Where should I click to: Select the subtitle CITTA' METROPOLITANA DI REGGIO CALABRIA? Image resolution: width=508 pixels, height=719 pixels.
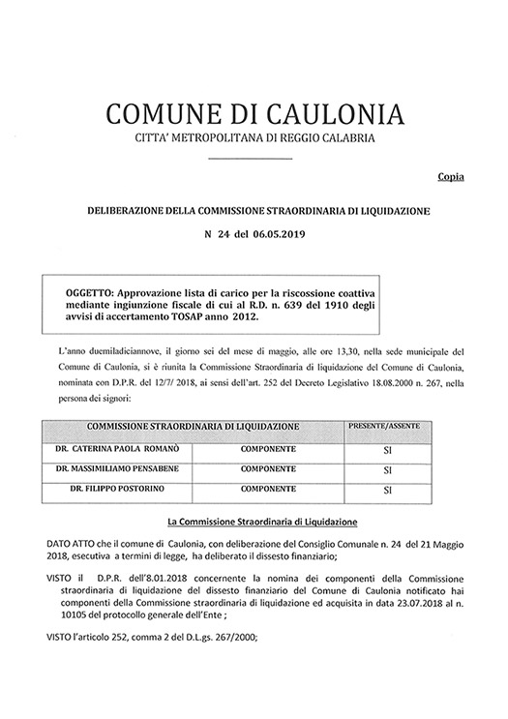click(x=254, y=141)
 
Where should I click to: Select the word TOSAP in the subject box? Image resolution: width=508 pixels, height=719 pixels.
click(x=198, y=316)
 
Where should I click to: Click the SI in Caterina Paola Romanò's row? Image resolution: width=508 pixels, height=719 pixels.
click(x=386, y=451)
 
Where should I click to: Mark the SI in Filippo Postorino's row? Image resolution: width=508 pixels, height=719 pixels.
click(x=386, y=490)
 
